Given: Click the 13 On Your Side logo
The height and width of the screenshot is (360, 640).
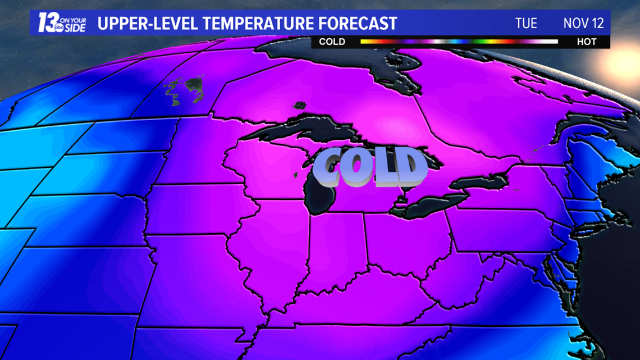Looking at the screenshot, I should click(x=62, y=23).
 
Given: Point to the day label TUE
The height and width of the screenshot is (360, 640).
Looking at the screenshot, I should click(x=526, y=24).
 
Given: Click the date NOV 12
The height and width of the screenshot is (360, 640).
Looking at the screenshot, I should click(x=583, y=24).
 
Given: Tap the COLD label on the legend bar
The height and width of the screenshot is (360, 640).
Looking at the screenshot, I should click(x=332, y=42).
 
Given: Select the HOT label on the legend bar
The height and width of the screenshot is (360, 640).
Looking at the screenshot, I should click(x=587, y=42).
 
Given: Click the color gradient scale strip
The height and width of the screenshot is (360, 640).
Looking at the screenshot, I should click(x=459, y=42).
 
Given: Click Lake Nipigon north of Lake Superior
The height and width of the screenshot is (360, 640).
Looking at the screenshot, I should click(x=300, y=105).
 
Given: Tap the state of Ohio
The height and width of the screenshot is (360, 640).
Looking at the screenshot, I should click(x=404, y=236).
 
